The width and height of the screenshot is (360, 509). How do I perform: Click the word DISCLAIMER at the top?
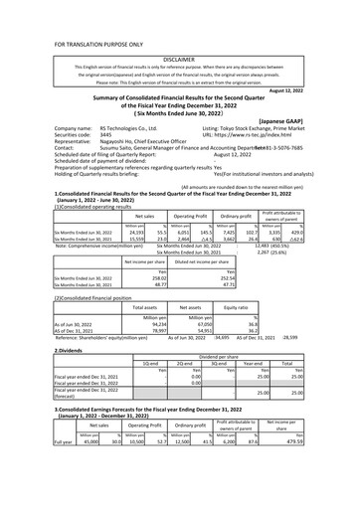179,59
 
